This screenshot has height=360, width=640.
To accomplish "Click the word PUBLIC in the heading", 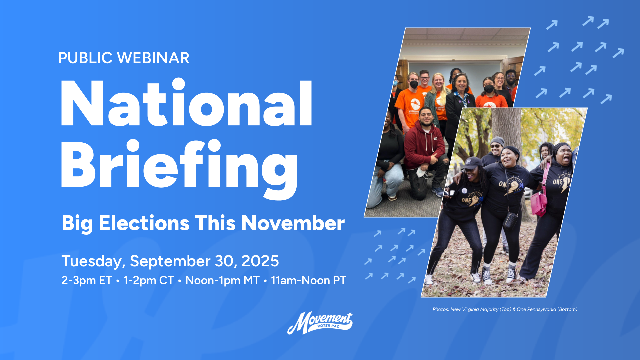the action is click(85, 58).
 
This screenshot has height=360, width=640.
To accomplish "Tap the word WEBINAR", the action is click(154, 58).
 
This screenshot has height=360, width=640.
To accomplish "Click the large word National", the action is click(186, 103).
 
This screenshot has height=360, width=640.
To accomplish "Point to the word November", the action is click(293, 223).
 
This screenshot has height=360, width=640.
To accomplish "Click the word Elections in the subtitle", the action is click(144, 223).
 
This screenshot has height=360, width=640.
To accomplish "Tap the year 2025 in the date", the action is click(260, 261).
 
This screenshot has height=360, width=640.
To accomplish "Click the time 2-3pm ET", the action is click(87, 281).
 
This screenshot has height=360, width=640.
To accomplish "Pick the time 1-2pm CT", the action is click(149, 281).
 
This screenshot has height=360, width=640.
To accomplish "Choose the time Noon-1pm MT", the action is click(222, 281).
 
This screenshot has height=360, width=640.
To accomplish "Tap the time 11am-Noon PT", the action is click(309, 281).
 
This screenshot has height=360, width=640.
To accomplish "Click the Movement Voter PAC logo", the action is click(320, 323).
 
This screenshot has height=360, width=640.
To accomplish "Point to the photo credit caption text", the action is click(505, 309).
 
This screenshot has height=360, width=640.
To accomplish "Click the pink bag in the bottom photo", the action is click(538, 203).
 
